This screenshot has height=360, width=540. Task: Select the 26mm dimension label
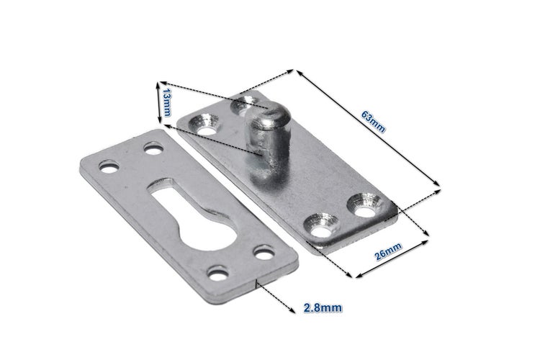[x=388, y=252]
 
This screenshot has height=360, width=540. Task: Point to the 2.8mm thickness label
[x=320, y=307]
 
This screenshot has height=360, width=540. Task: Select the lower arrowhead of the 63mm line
[x=437, y=189]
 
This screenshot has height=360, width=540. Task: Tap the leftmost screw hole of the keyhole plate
[x=109, y=167]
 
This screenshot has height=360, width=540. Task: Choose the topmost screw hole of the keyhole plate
[x=152, y=149]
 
